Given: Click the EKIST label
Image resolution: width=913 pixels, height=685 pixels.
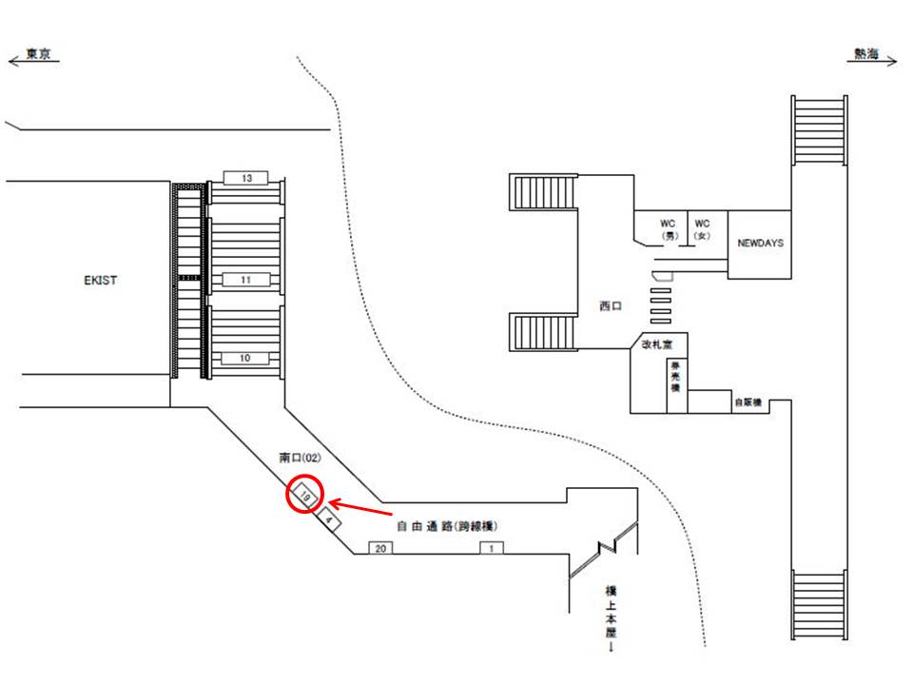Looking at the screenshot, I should coord(100,281).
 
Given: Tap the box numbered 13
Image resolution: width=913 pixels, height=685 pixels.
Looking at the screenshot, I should coord(246,178).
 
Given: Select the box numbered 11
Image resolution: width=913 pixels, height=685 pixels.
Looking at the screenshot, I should coord(246,280).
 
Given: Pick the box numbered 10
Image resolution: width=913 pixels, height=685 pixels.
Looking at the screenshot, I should coord(246,359).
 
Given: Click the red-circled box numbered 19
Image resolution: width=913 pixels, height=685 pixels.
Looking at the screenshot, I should coord(305,496).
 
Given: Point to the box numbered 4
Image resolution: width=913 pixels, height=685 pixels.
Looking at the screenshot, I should coord(328,519).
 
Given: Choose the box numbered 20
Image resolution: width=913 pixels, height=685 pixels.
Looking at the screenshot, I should coord(380,548).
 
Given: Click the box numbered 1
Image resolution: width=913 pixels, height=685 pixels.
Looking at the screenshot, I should coord(491,548).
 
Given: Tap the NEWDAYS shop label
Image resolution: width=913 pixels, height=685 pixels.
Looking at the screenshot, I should coord(760,244).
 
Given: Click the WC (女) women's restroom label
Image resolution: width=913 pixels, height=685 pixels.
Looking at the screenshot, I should coord(704,229).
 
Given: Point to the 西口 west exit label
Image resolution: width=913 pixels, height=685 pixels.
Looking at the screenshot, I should coord(609,306).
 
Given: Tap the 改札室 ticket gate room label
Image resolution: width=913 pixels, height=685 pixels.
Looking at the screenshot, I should coord(656,342).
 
